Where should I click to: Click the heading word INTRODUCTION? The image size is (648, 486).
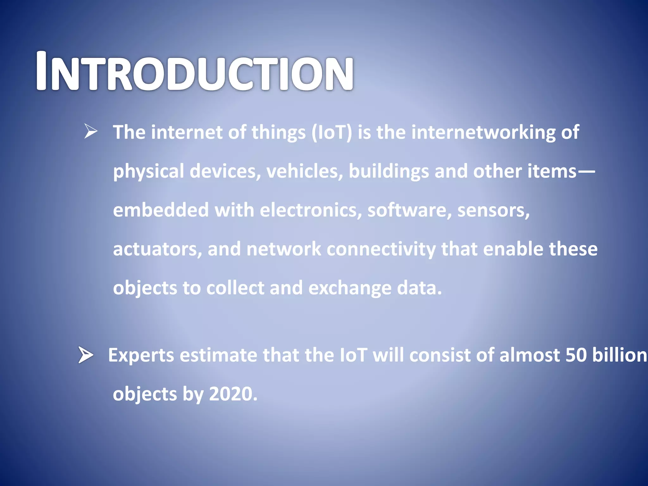194,72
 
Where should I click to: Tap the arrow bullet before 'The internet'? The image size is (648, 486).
91,131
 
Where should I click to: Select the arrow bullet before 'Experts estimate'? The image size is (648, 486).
86,355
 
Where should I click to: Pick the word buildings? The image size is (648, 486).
389,171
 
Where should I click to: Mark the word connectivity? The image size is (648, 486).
381,249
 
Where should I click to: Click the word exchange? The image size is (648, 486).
349,288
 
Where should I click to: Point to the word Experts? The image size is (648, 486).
141,355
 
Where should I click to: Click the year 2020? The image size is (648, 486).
233,394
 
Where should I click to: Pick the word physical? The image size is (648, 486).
148,172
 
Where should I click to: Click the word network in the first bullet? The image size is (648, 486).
283,249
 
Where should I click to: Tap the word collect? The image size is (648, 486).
235,288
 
